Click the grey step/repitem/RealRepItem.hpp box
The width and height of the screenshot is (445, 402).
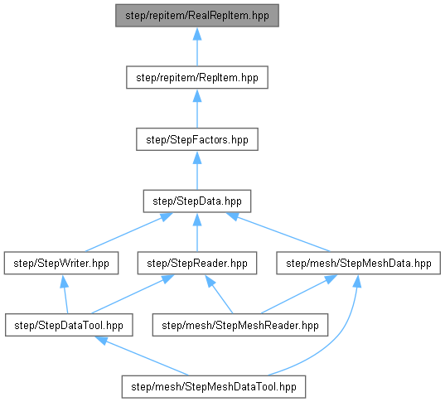click(197, 15)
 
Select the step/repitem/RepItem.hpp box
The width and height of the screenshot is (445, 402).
click(197, 77)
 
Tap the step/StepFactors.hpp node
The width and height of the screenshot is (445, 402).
click(197, 139)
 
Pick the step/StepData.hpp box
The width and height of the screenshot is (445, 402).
click(197, 201)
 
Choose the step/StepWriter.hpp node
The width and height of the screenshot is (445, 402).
click(61, 264)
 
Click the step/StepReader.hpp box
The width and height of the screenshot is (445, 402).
click(197, 264)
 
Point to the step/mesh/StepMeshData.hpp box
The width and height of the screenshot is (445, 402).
click(359, 264)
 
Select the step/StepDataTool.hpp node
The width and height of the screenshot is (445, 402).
click(69, 325)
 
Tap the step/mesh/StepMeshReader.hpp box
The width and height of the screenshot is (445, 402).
click(240, 325)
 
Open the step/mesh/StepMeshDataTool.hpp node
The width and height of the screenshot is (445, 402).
click(214, 387)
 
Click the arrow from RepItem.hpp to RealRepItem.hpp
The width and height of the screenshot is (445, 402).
click(197, 46)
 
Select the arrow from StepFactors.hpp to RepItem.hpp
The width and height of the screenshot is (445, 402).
click(197, 109)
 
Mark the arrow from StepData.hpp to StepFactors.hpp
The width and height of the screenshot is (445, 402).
click(197, 171)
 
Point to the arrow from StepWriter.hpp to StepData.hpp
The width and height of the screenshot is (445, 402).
click(128, 232)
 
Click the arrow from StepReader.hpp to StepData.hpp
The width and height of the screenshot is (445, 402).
click(197, 232)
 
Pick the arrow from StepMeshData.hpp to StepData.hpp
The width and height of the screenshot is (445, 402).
click(278, 232)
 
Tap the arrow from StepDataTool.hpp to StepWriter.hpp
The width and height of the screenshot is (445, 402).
click(65, 294)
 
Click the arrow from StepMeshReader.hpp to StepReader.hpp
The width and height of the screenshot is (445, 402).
click(219, 294)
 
